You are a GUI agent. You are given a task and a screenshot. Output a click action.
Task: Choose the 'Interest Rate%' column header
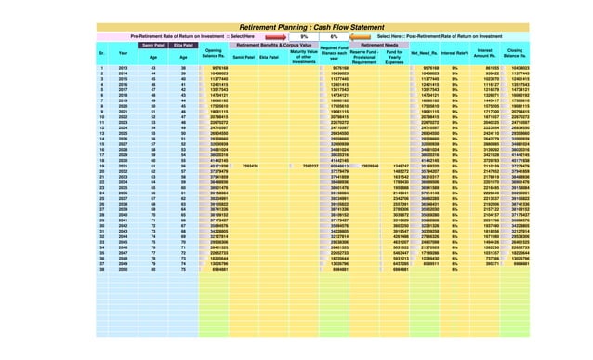click(455, 54)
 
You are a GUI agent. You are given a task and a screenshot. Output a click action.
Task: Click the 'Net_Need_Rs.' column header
click(424, 54)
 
